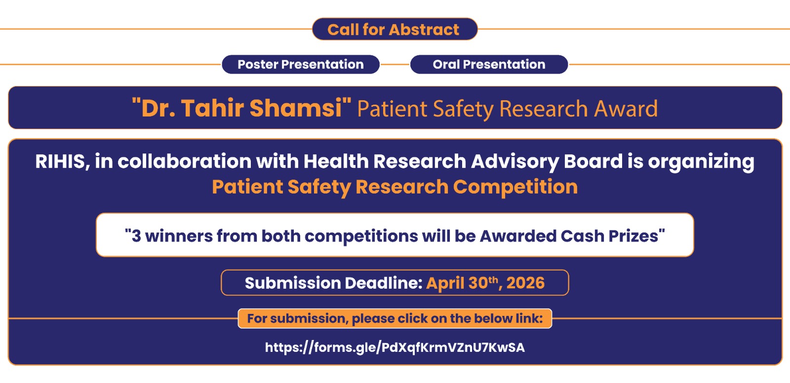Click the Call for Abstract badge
click(395, 29)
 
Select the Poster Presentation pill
click(301, 64)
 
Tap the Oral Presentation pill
click(489, 64)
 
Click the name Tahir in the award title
click(213, 108)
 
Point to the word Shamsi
click(296, 108)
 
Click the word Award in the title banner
click(626, 109)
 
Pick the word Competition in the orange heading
click(515, 187)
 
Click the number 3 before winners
click(136, 236)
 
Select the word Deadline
click(383, 283)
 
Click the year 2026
click(525, 283)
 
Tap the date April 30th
click(462, 283)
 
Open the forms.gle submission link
click(395, 347)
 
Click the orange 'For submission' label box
click(395, 318)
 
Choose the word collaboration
click(185, 161)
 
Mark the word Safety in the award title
click(463, 109)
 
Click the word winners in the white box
click(179, 236)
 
